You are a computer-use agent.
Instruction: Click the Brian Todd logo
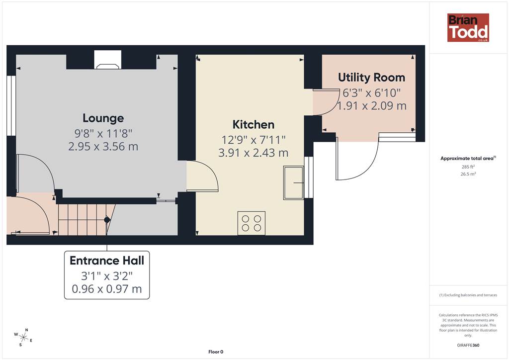click(x=468, y=27)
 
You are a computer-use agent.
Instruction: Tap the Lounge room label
click(x=103, y=118)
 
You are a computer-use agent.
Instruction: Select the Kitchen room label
click(x=254, y=124)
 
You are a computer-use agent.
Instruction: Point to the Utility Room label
click(x=372, y=78)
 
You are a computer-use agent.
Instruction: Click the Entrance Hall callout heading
click(x=107, y=261)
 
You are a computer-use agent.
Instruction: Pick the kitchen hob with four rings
click(x=252, y=223)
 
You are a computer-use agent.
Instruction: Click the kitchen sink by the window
click(x=294, y=183)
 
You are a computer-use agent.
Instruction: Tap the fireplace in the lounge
click(x=108, y=60)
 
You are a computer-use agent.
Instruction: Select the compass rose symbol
click(x=23, y=338)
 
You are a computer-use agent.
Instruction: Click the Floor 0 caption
click(x=216, y=352)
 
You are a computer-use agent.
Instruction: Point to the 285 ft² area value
click(x=468, y=167)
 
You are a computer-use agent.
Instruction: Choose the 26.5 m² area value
click(x=468, y=174)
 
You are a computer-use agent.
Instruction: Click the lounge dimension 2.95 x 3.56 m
click(x=103, y=146)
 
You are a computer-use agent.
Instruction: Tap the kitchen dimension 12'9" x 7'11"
click(x=254, y=140)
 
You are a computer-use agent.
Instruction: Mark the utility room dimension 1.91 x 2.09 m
click(x=372, y=106)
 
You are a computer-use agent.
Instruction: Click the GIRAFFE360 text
click(x=468, y=345)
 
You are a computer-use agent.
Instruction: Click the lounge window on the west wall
click(x=11, y=106)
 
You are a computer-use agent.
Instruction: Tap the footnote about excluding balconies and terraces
click(x=468, y=295)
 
